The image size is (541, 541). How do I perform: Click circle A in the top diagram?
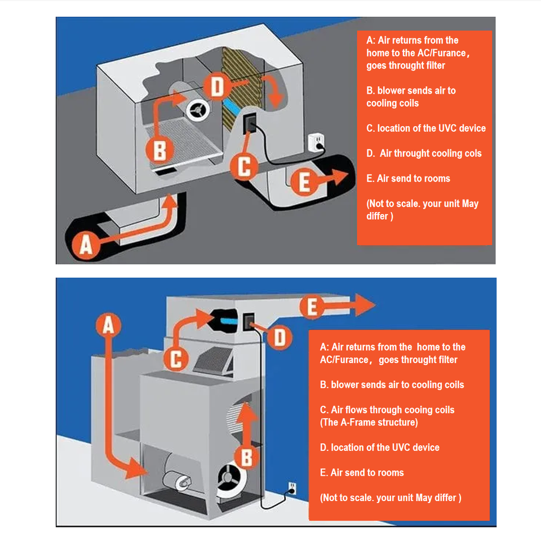(86, 245)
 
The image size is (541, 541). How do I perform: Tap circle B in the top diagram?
(159, 150)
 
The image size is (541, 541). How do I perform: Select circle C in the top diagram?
(244, 166)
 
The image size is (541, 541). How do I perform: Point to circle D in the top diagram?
(217, 86)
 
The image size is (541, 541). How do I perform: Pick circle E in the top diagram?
(304, 181)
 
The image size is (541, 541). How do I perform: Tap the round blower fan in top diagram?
(198, 110)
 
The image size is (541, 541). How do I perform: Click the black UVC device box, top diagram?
(250, 123)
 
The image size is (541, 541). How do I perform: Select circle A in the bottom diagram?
(108, 325)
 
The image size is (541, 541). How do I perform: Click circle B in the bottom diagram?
(246, 458)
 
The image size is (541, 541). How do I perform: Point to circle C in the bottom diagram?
(176, 359)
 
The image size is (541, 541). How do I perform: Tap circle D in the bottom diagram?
(280, 337)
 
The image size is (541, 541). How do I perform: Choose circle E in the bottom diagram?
(312, 307)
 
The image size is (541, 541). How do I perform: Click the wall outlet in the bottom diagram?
(292, 488)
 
